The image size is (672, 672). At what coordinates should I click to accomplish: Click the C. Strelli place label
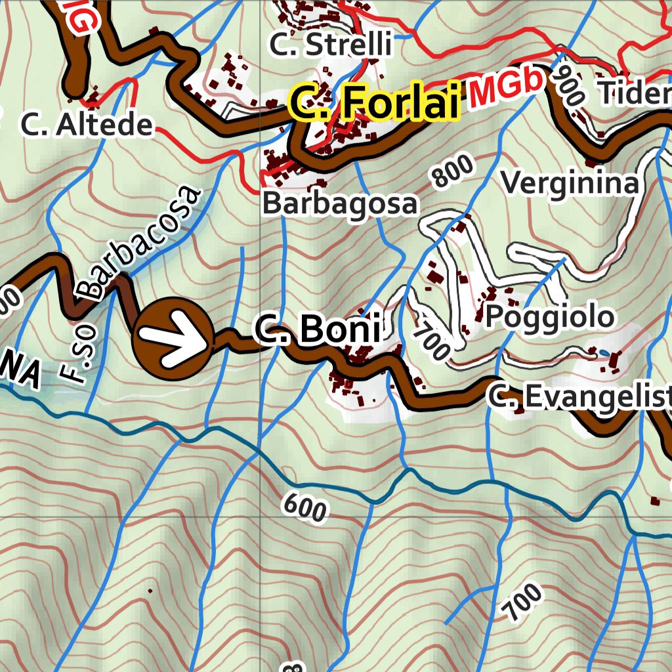click(x=331, y=45)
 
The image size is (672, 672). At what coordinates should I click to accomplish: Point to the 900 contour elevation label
click(x=568, y=83)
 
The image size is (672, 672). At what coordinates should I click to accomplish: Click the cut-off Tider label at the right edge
click(x=634, y=94)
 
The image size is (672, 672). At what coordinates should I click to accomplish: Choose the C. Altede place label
click(x=87, y=125)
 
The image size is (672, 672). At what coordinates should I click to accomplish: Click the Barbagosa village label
click(x=340, y=203)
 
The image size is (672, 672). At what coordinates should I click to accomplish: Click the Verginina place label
click(x=570, y=183)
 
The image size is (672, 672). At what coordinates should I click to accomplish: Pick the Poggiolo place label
click(x=550, y=317)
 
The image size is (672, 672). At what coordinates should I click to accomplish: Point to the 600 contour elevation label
click(x=305, y=507)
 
